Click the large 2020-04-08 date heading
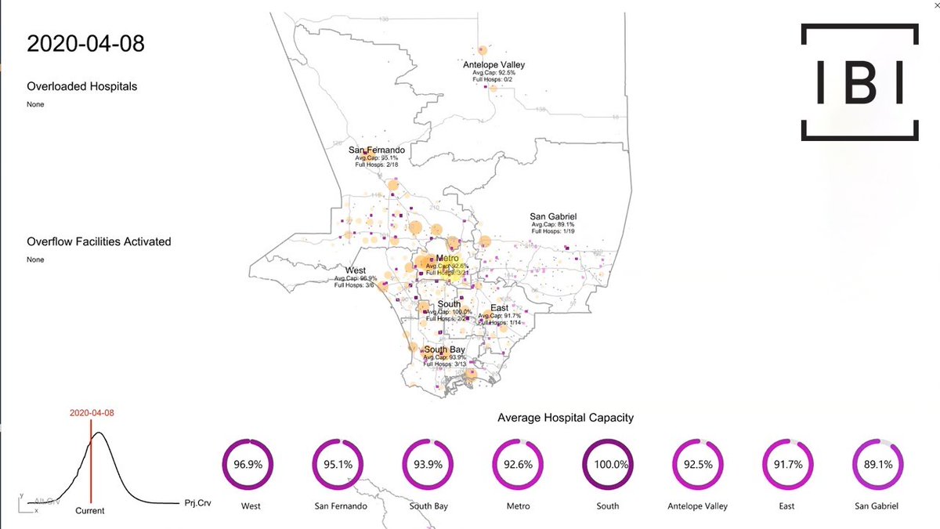coord(85,43)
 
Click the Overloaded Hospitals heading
coord(81,86)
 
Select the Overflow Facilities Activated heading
coord(99,241)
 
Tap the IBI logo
coord(859,82)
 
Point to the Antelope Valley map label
coord(493,64)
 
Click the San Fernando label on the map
coord(377,150)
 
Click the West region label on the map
coord(355,270)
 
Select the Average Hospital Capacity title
coord(566,418)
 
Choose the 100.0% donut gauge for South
coord(608,464)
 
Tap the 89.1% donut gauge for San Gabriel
coord(876,464)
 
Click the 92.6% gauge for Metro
coord(519,464)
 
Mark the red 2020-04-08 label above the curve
coord(92,412)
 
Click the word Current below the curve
coord(89,510)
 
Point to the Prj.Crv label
coord(200,502)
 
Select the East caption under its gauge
coord(786,506)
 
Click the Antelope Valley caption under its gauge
coord(697,506)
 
